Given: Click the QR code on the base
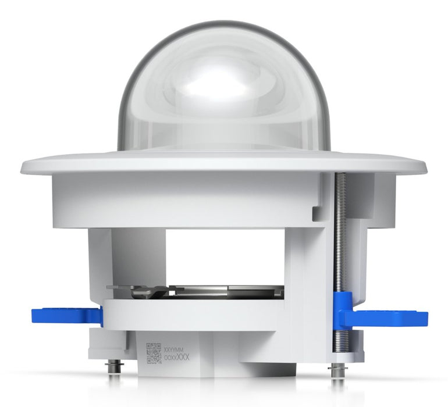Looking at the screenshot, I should [x=154, y=354].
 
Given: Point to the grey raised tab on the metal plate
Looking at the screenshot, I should [x=148, y=291].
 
